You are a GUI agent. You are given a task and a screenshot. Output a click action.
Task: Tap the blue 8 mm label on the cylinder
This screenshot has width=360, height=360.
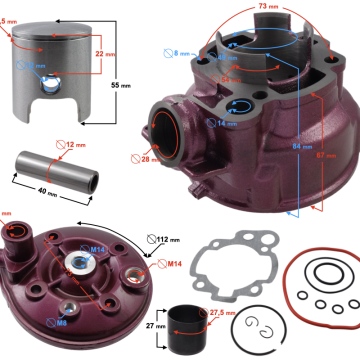click(182, 52)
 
